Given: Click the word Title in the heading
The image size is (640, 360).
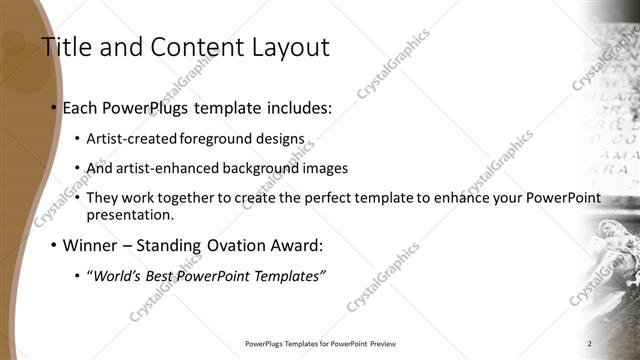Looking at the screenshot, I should click(64, 47).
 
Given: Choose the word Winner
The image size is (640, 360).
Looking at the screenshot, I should click(91, 244).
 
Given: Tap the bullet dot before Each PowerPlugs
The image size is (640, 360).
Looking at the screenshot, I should click(51, 107).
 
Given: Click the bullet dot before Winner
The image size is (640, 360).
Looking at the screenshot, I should click(51, 244).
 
